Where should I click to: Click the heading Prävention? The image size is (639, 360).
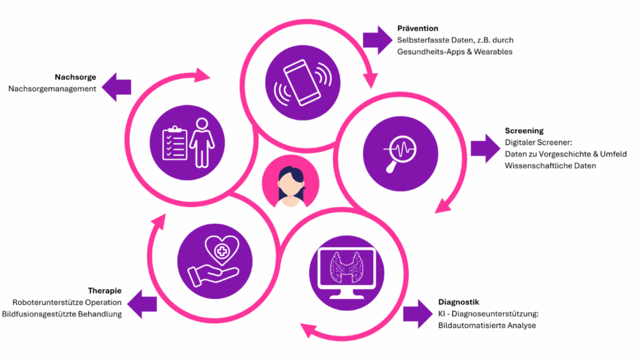(417, 29)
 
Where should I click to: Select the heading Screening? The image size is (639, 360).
(524, 131)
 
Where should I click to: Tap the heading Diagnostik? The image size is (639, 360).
(459, 303)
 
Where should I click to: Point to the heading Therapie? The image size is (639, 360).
(104, 291)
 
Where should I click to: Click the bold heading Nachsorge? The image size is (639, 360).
(75, 77)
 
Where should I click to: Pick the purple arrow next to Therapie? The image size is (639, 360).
(140, 303)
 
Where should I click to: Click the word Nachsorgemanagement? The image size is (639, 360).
(52, 89)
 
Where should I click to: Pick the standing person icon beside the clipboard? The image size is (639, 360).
(202, 142)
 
